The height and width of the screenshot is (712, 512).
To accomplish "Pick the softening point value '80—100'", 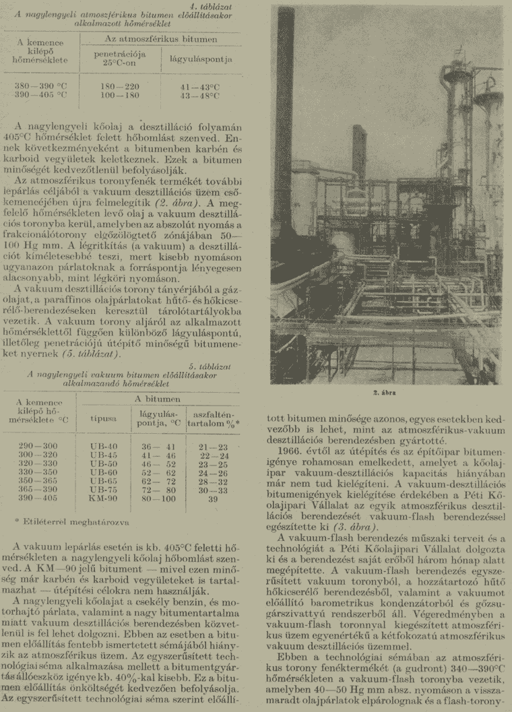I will point(158,500).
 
